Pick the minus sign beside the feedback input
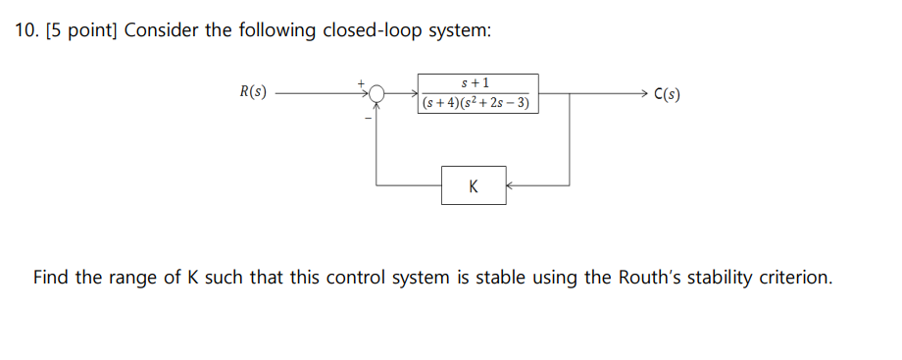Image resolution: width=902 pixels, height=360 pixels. pos(368,119)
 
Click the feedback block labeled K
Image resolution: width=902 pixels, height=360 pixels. pos(474,185)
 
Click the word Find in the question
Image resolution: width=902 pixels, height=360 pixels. pos(52,278)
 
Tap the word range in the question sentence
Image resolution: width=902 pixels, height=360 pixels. pos(133,278)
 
